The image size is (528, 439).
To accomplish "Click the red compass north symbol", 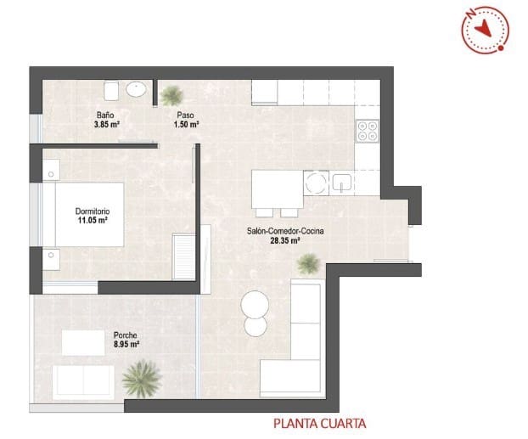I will [x=486, y=29].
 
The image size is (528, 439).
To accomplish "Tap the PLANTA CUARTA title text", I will [x=319, y=422].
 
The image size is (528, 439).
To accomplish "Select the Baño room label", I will [x=104, y=115].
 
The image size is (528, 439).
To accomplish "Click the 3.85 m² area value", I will [x=106, y=124].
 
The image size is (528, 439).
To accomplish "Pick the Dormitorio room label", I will [x=93, y=211].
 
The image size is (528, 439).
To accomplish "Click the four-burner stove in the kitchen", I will [x=368, y=130].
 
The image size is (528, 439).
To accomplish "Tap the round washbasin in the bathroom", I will [x=136, y=89].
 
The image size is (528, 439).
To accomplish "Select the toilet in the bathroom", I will [x=110, y=90].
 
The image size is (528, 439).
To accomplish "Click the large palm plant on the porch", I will [x=141, y=378].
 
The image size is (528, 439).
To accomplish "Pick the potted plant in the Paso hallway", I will [x=173, y=93].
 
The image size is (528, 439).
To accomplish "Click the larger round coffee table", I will [x=256, y=303].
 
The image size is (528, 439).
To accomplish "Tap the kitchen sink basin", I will [x=343, y=182].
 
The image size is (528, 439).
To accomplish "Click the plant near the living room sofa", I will [x=308, y=265].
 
